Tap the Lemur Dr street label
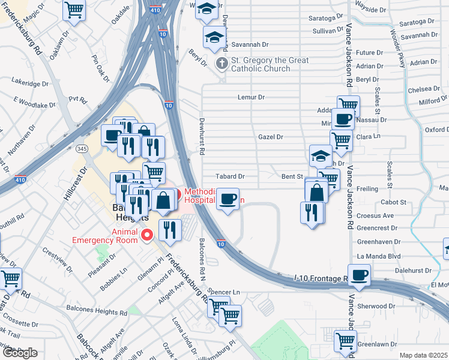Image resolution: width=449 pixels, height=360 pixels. (x=251, y=97)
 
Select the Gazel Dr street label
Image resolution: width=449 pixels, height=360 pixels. (x=270, y=137)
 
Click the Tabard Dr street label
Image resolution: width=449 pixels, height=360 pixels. (x=231, y=176)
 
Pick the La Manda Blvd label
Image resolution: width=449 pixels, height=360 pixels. (x=378, y=256)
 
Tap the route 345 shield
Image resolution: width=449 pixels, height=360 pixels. (x=82, y=148)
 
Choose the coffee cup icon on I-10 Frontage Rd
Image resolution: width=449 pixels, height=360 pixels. (x=359, y=275)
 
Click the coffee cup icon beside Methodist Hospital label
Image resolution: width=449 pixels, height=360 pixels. (x=228, y=198)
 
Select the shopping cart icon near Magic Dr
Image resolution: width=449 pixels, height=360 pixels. (x=74, y=9)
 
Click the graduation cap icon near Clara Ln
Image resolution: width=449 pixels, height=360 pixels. (x=321, y=156)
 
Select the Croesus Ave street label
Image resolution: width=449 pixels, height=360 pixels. (x=375, y=215)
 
